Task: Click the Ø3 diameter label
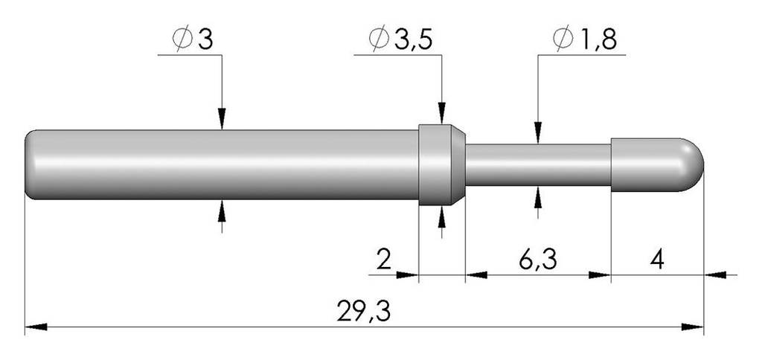point(193,39)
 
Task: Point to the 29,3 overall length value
point(363,312)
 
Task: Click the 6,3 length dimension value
point(537,261)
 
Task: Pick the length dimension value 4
point(657,261)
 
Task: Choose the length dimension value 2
point(384,261)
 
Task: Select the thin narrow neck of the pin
point(538,164)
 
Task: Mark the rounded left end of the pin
point(30,164)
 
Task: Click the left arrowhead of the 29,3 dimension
point(36,327)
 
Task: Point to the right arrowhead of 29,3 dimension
point(693,327)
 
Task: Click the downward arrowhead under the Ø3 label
point(222,119)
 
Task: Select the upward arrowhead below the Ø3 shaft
point(222,210)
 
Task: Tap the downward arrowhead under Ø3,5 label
point(442,113)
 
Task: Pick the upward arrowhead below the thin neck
point(538,197)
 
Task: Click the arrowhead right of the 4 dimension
point(715,275)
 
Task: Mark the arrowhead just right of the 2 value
point(407,275)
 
